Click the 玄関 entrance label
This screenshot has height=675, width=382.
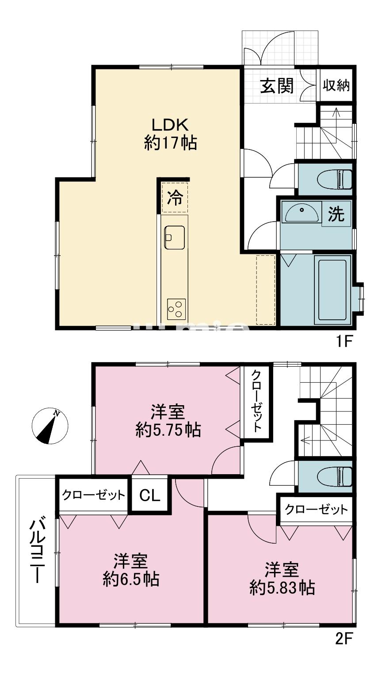coord(277,86)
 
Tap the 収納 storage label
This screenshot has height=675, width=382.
coord(336,85)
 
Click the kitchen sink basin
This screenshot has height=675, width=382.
coord(175,237)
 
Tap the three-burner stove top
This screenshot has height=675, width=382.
coord(176,309)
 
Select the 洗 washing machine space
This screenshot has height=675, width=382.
coord(336,214)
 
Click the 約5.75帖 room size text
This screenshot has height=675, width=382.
coord(168,430)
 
